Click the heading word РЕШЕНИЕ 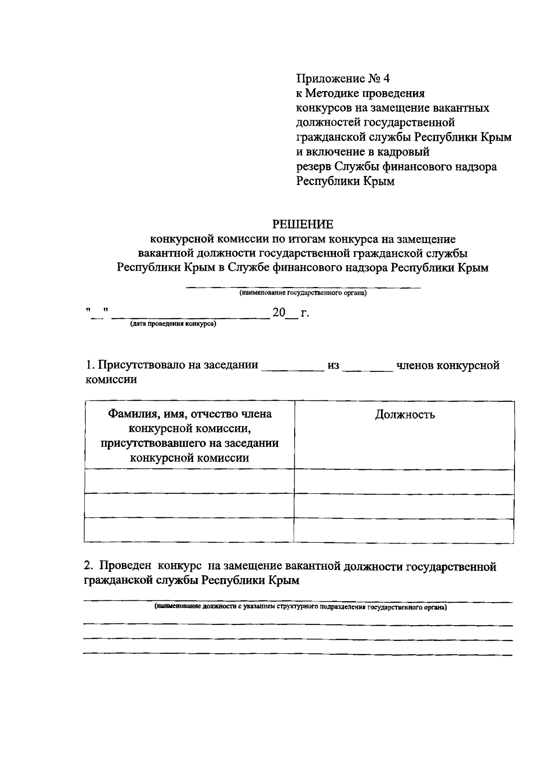point(302,224)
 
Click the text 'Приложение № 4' point(343,79)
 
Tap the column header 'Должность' point(405,414)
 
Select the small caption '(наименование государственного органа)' point(303,293)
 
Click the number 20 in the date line point(279,312)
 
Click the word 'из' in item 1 point(333,365)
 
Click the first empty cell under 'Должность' point(404,482)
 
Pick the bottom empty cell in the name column point(189,530)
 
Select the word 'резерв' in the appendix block point(314,167)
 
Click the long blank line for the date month point(190,317)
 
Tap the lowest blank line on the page point(298,655)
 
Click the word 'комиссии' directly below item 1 point(112,379)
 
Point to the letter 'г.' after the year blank point(305,313)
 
